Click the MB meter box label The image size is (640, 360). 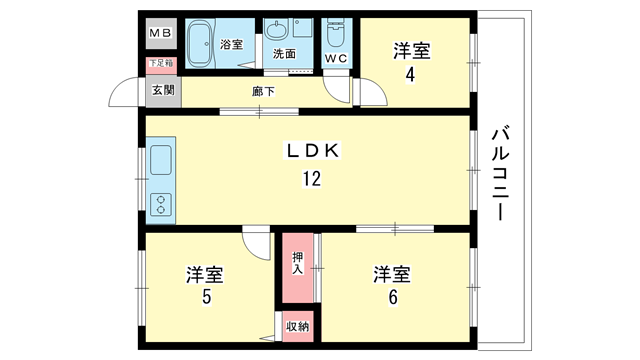[x=160, y=33]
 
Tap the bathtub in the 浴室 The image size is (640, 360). [x=200, y=43]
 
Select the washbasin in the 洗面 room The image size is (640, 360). [x=277, y=30]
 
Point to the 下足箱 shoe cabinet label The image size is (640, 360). [x=161, y=63]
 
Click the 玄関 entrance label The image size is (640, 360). [x=163, y=90]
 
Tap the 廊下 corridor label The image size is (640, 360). [x=263, y=91]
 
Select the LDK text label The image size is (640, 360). [x=312, y=151]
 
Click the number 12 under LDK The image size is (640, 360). [x=312, y=179]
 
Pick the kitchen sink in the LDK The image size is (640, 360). [x=161, y=160]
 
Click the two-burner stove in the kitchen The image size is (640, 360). [x=161, y=204]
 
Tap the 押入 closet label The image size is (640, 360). [x=298, y=263]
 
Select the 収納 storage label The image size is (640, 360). [x=298, y=327]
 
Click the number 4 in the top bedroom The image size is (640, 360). [x=410, y=75]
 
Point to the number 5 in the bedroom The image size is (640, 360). [x=207, y=297]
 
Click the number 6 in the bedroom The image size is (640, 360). [x=393, y=297]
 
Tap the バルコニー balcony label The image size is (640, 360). [x=500, y=174]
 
